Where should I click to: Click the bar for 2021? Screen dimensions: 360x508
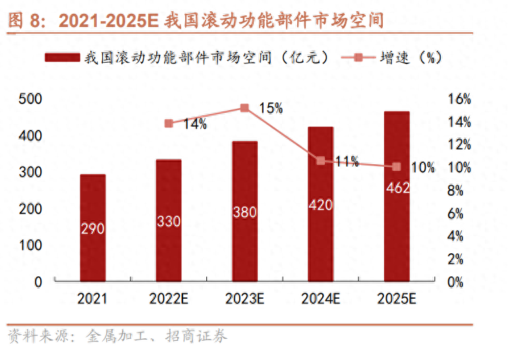(x=93, y=227)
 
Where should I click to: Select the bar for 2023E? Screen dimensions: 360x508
(x=244, y=211)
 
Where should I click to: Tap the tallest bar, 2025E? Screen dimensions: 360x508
(x=397, y=196)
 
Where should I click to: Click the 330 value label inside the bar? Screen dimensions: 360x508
(x=169, y=222)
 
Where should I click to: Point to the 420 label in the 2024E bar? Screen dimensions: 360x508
(x=320, y=204)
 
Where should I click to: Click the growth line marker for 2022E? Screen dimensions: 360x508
(x=169, y=123)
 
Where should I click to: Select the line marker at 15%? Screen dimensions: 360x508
(x=244, y=107)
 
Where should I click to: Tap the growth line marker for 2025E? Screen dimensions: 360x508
(x=397, y=167)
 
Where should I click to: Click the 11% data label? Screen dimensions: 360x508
(x=346, y=161)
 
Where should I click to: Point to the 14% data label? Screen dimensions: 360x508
(x=195, y=123)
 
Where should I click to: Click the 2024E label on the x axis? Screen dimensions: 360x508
(x=320, y=299)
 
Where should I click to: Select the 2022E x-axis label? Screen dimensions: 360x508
(x=169, y=299)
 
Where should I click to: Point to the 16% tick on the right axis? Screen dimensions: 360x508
(x=459, y=99)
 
